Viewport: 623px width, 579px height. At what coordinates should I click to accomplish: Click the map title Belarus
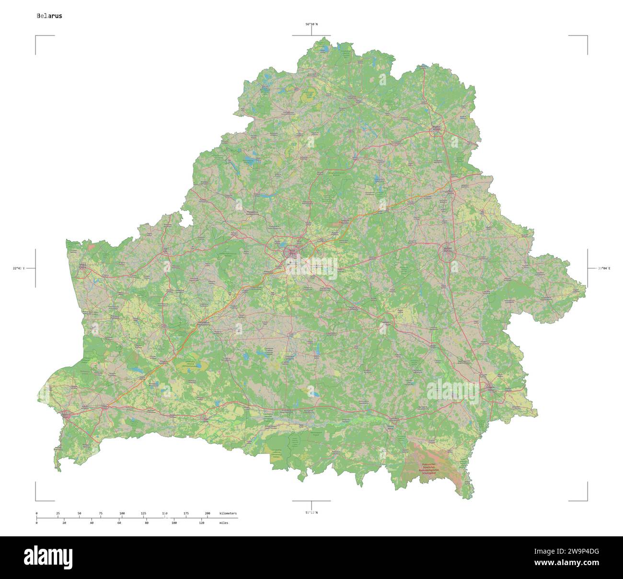click(x=49, y=16)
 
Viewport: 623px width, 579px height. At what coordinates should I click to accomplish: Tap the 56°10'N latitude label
click(x=311, y=24)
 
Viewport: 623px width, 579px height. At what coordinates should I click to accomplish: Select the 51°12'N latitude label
click(x=311, y=512)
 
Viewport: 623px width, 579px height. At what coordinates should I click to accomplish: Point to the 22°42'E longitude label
click(x=19, y=268)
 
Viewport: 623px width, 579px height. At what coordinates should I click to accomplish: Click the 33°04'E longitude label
click(x=603, y=268)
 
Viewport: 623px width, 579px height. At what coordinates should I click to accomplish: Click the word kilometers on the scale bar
click(x=228, y=513)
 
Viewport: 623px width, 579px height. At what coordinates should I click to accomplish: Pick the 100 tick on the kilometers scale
click(x=122, y=513)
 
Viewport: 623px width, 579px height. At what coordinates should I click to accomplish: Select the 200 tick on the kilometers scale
click(x=207, y=513)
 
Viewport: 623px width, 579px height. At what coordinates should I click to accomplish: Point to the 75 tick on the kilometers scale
click(x=101, y=513)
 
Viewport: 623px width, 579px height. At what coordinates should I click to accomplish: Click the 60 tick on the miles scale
click(x=119, y=523)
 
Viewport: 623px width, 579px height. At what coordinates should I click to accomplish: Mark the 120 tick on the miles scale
click(x=202, y=523)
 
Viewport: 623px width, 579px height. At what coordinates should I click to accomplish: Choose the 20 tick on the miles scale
click(x=64, y=523)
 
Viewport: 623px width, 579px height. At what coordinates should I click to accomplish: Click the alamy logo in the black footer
click(x=50, y=557)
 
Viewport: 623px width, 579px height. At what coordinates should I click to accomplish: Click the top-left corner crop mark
click(x=36, y=36)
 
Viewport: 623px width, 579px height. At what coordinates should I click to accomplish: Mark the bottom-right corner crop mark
click(x=587, y=500)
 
